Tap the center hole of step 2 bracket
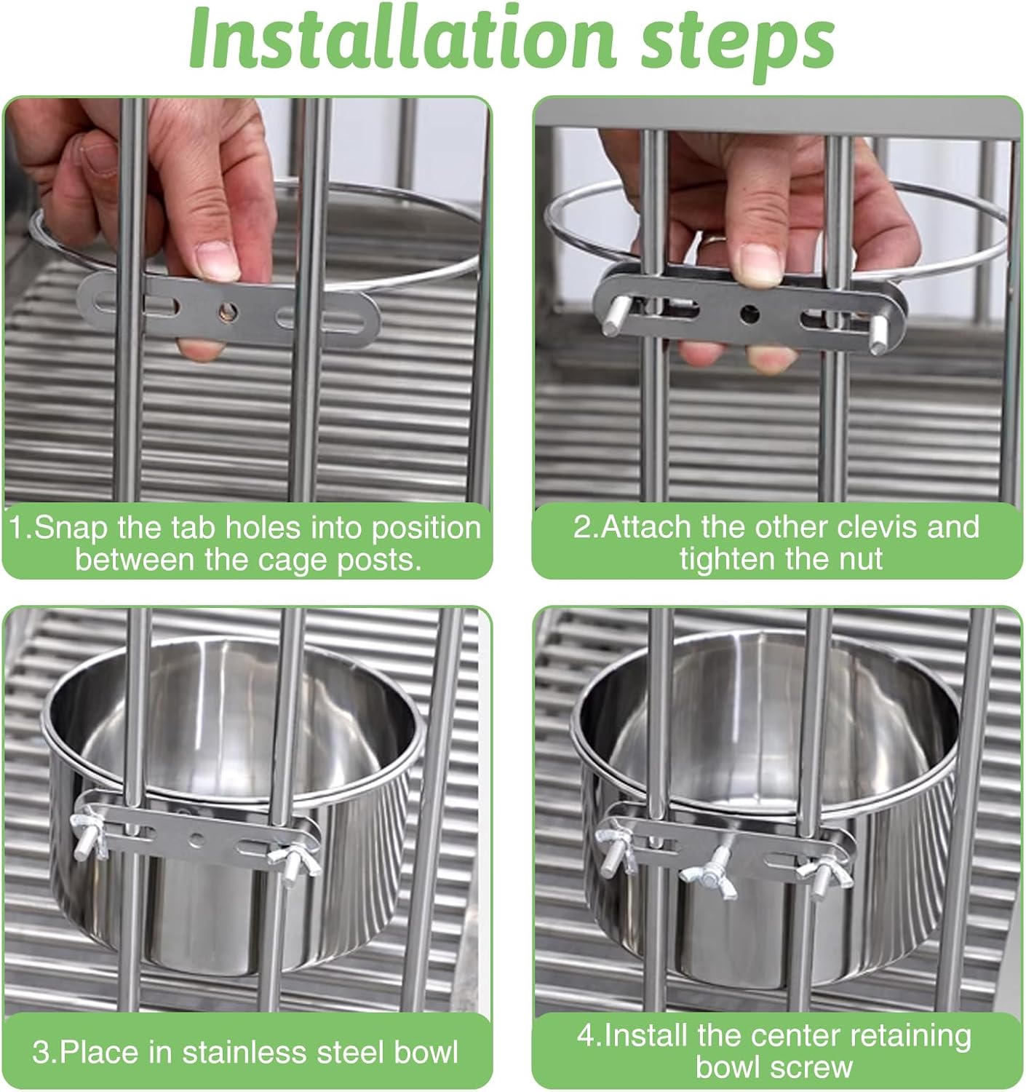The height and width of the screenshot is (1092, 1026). [x=749, y=314]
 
